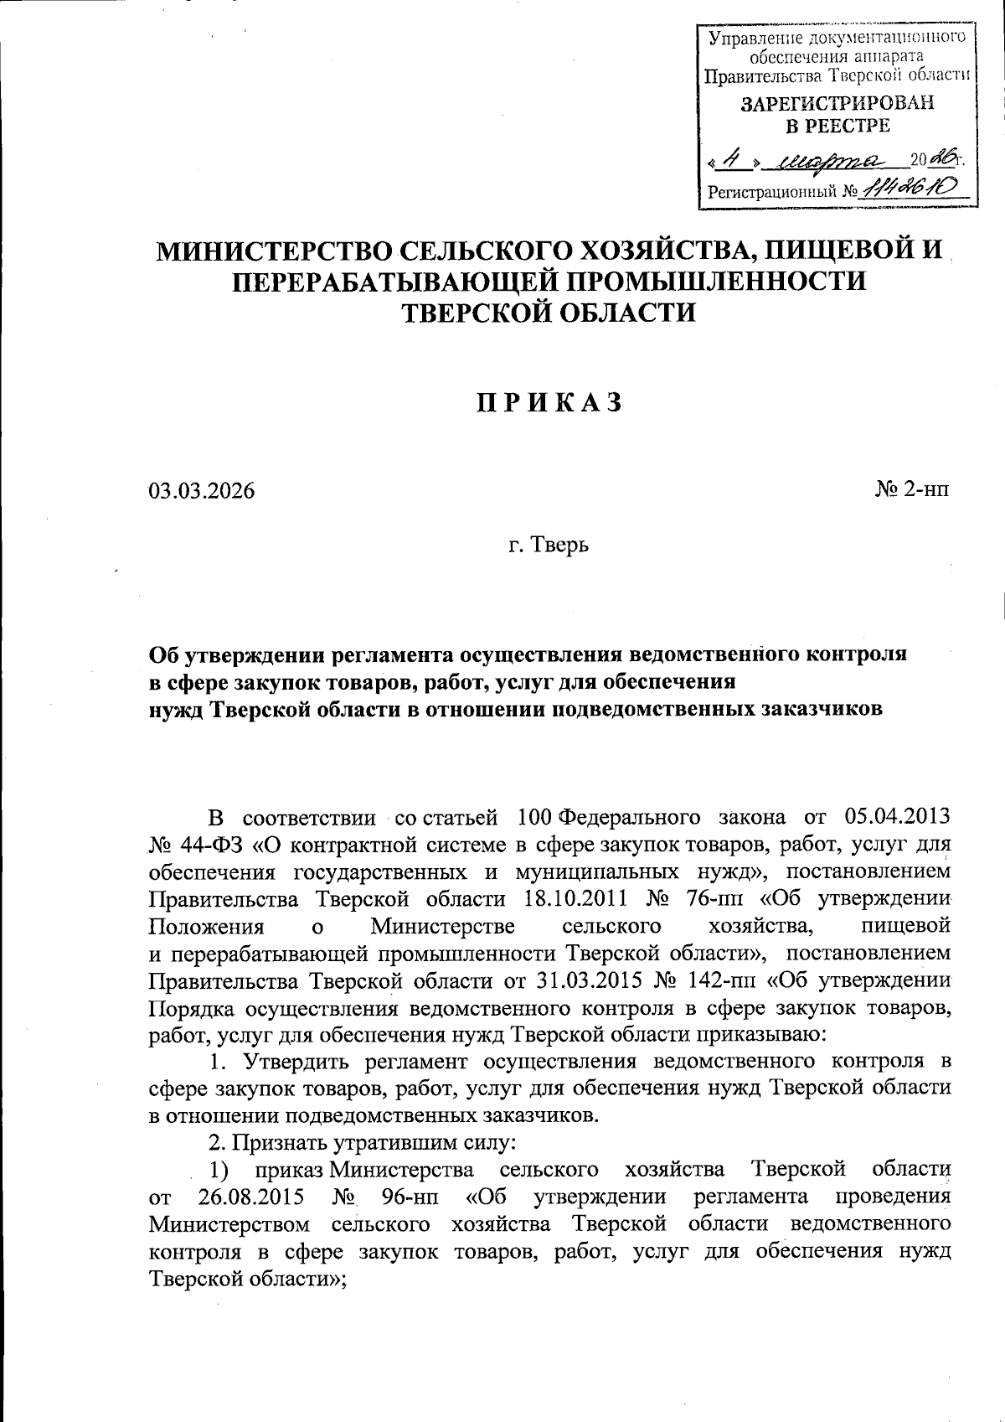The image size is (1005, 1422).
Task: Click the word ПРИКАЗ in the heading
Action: coord(550,403)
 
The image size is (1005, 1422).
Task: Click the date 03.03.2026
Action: coord(202,491)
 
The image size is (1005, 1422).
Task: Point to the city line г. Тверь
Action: coord(549,546)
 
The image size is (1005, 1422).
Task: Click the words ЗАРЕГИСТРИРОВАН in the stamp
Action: coord(837,104)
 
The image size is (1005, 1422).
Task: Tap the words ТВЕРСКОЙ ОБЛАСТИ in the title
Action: coord(549,313)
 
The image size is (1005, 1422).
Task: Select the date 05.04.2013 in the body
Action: coord(897,816)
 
